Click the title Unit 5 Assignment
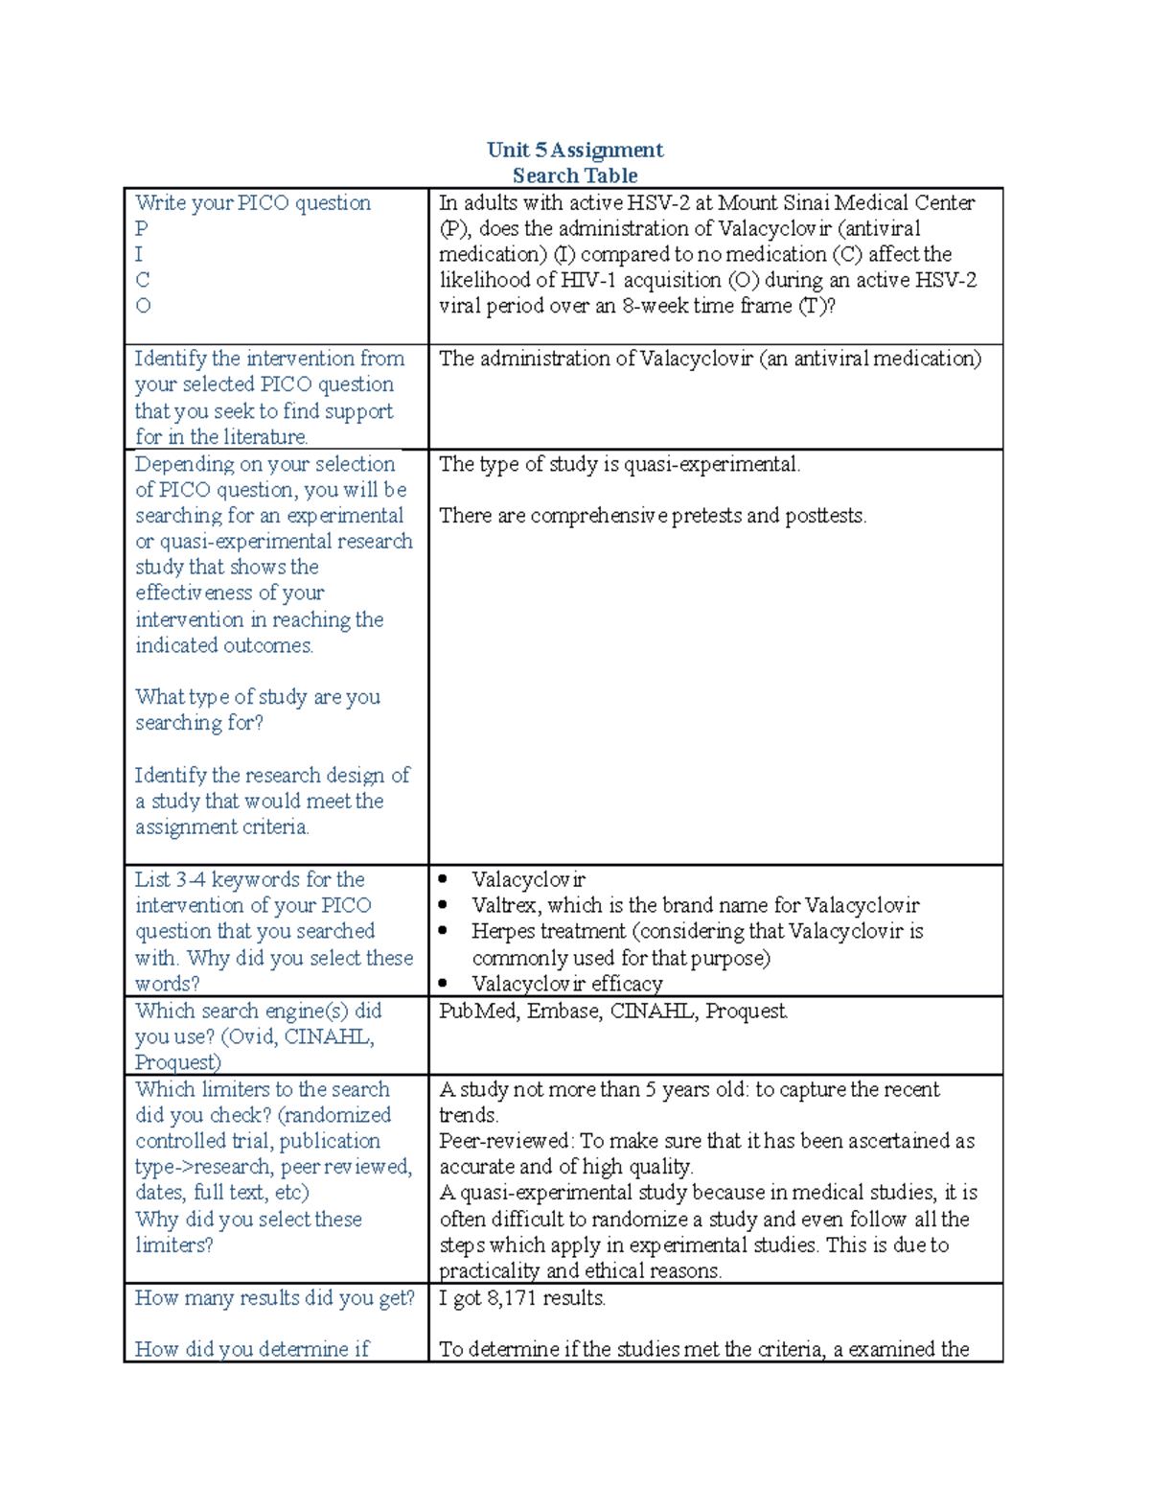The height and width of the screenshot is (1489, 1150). click(x=574, y=150)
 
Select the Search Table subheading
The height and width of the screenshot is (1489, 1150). click(x=574, y=175)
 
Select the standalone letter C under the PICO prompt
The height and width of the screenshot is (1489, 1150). click(x=143, y=280)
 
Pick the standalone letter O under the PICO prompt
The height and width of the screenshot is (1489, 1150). click(x=143, y=306)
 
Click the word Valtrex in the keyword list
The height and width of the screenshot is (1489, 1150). click(x=503, y=905)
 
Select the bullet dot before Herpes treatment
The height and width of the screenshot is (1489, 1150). click(x=443, y=931)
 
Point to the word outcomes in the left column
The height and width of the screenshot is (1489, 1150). click(x=271, y=645)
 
